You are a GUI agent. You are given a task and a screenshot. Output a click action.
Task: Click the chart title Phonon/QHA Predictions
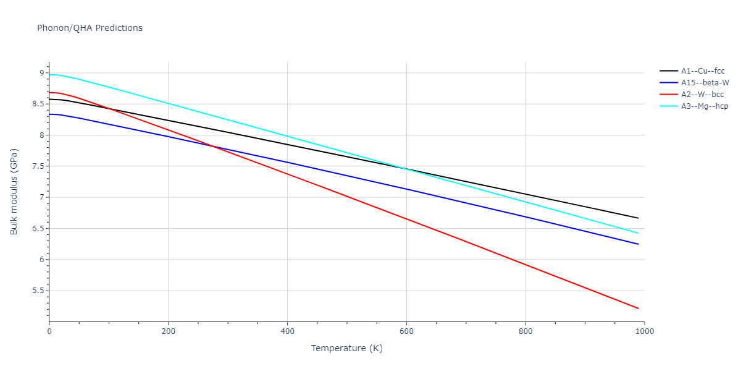(90, 28)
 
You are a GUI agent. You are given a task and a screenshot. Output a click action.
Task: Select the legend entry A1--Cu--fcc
(703, 71)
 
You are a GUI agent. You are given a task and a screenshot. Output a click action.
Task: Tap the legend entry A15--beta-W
(705, 83)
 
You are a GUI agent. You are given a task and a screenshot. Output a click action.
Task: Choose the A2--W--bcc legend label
(703, 95)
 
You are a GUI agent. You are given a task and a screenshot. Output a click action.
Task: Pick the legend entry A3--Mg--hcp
(705, 106)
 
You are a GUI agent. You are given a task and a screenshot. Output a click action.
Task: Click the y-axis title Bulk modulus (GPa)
(14, 192)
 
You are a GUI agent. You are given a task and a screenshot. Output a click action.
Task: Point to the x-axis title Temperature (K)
(346, 348)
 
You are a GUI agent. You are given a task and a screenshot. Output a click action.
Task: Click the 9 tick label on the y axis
(41, 73)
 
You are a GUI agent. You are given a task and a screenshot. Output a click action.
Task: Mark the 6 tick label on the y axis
(41, 260)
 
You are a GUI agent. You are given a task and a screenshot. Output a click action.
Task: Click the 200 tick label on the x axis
(168, 331)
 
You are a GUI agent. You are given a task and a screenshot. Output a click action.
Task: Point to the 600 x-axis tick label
(406, 331)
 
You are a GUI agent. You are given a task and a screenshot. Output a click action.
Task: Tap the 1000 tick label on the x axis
(644, 331)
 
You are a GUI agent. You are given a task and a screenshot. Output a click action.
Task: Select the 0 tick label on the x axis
(49, 331)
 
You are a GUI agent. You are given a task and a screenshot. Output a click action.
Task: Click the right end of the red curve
(638, 309)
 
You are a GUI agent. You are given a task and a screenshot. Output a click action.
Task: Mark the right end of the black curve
(638, 218)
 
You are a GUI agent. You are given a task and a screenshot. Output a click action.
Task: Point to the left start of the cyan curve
(49, 75)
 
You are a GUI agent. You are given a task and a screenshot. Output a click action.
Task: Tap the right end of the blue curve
(638, 244)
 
